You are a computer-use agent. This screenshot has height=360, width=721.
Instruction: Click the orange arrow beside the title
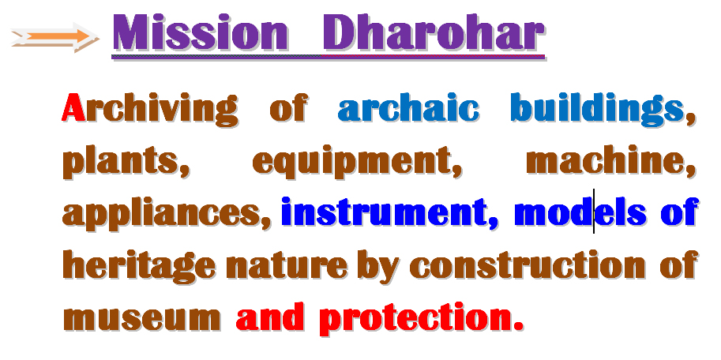[x=54, y=37]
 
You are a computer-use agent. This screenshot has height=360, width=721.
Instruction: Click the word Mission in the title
[x=201, y=34]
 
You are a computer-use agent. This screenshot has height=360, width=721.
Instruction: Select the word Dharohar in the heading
[x=434, y=33]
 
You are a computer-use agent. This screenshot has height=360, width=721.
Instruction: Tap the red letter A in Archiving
[x=73, y=107]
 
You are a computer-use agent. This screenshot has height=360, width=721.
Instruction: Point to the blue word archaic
[x=408, y=109]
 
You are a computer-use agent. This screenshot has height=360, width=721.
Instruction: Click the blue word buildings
[x=597, y=110]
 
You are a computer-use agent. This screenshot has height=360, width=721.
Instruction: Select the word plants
[x=121, y=163]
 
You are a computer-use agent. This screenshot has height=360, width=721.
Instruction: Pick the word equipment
[x=352, y=163]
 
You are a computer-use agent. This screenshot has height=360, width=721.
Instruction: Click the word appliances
[x=162, y=214]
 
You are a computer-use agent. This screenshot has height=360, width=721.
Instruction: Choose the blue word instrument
[x=384, y=212]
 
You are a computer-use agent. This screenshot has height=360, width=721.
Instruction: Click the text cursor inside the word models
[x=594, y=211]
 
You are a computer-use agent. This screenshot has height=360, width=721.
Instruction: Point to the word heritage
[x=139, y=266]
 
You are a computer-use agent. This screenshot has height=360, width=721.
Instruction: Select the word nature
[x=287, y=266]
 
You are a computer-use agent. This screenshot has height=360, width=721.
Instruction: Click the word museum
[x=141, y=318]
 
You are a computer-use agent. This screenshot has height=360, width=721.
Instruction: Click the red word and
[x=270, y=317]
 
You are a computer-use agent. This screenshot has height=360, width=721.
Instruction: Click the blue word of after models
[x=679, y=211]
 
